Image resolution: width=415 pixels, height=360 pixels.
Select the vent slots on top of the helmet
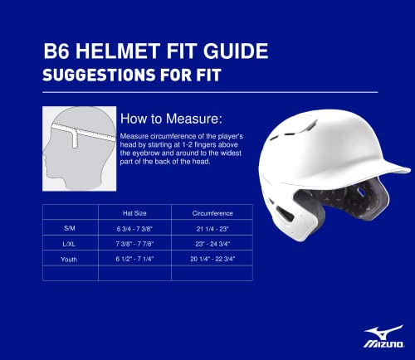(x=309, y=127)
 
